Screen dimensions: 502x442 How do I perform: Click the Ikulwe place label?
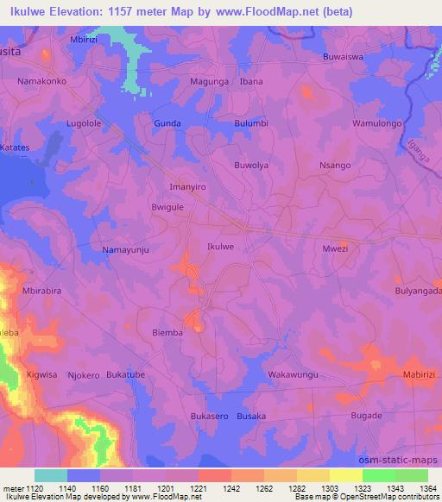point(221,247)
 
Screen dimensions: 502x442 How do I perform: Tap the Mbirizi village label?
point(84,39)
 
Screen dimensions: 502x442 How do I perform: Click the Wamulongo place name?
point(378,123)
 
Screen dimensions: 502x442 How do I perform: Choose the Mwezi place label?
point(334,248)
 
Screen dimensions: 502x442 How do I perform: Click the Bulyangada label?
point(419,292)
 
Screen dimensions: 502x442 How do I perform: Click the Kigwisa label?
point(41,375)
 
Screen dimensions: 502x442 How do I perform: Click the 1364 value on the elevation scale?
point(429,488)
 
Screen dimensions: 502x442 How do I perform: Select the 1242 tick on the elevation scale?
point(231,488)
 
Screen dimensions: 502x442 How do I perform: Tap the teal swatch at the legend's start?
point(50,475)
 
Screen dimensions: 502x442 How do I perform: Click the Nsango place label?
point(335,165)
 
